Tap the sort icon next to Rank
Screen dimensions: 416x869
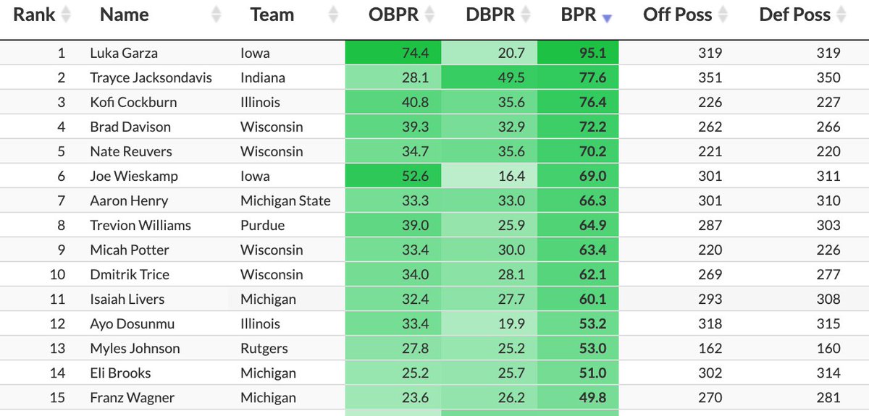click(66, 15)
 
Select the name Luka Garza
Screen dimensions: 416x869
click(123, 53)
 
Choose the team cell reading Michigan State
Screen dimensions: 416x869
click(285, 200)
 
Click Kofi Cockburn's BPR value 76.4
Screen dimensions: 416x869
click(592, 102)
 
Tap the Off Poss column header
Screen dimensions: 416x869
click(677, 15)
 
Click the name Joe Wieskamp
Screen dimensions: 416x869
click(134, 176)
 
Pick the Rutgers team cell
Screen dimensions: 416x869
click(264, 348)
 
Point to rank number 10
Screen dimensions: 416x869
click(57, 274)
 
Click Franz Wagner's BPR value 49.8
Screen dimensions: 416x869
click(592, 397)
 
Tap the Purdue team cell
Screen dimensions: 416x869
click(262, 225)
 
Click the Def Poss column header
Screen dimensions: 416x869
click(794, 15)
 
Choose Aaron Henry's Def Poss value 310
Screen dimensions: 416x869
click(827, 200)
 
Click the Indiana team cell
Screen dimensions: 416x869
click(263, 77)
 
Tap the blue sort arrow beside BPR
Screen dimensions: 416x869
click(607, 18)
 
